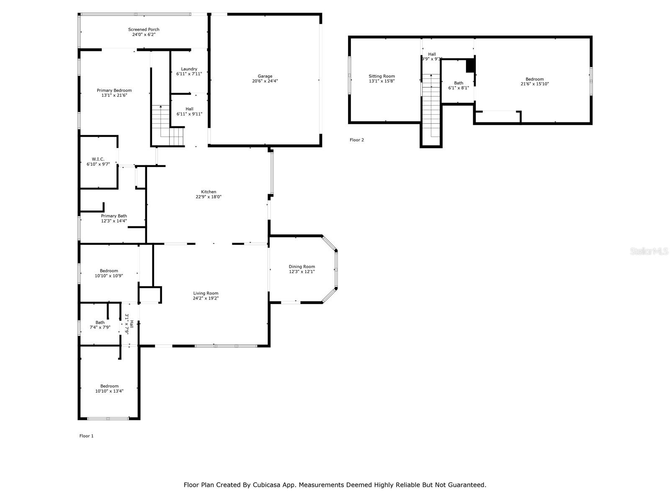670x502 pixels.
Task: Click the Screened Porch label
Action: pyautogui.click(x=144, y=30)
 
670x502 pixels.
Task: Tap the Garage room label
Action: pyautogui.click(x=265, y=76)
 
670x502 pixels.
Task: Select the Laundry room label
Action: pyautogui.click(x=189, y=69)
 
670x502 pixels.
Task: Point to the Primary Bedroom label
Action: pyautogui.click(x=114, y=90)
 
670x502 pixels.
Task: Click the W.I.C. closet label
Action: pyautogui.click(x=98, y=159)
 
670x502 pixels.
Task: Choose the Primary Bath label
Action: pyautogui.click(x=114, y=216)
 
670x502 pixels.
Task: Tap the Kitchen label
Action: pyautogui.click(x=209, y=192)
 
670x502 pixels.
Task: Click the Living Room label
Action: pyautogui.click(x=206, y=293)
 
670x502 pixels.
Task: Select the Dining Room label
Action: pyautogui.click(x=302, y=266)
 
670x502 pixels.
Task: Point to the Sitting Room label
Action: pyautogui.click(x=381, y=76)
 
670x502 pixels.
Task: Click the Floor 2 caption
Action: pyautogui.click(x=357, y=140)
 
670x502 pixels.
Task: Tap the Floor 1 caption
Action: pyautogui.click(x=86, y=436)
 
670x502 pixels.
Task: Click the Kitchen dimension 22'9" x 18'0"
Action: pyautogui.click(x=209, y=197)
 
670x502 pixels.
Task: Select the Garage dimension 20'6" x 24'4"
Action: pyautogui.click(x=265, y=81)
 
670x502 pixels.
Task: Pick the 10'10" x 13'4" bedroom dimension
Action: pyautogui.click(x=109, y=391)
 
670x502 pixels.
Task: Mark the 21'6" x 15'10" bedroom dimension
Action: pyautogui.click(x=534, y=84)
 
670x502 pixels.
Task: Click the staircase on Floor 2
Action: pyautogui.click(x=431, y=105)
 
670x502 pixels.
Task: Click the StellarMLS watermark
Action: pyautogui.click(x=649, y=251)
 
